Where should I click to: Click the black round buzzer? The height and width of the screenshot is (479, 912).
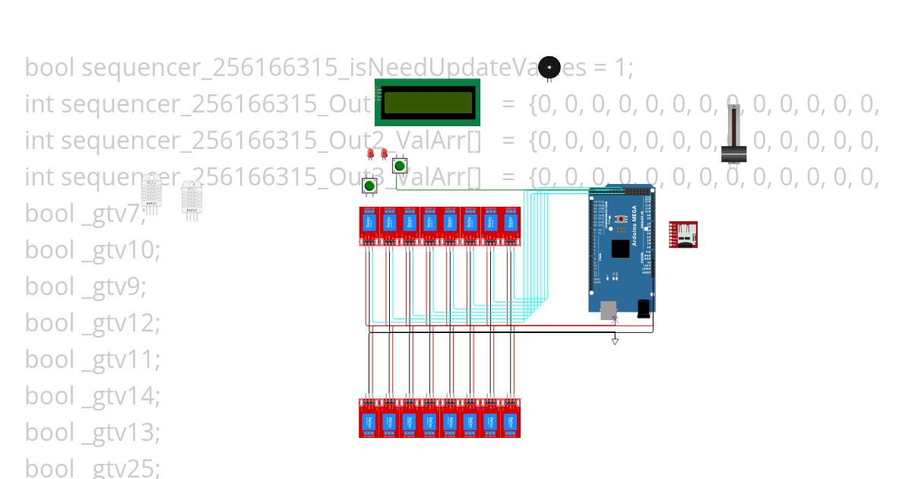[x=549, y=68]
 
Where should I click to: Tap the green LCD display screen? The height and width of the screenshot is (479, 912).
[x=428, y=103]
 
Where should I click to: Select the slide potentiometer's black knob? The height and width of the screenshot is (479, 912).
[x=734, y=153]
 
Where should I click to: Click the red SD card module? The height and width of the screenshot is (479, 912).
[x=682, y=235]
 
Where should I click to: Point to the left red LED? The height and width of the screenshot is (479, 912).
[x=371, y=154]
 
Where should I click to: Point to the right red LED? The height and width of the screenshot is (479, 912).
[x=383, y=154]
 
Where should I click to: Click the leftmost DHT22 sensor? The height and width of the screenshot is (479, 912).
[x=151, y=191]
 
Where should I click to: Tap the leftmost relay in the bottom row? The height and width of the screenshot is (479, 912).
[x=369, y=419]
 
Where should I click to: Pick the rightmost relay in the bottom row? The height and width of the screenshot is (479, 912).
[x=511, y=419]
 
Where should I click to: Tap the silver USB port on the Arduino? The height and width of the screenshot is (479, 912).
[x=609, y=309]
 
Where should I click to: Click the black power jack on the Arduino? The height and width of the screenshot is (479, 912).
[x=644, y=308]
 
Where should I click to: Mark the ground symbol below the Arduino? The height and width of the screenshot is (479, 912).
[x=615, y=341]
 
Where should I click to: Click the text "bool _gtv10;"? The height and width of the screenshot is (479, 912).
[x=93, y=249]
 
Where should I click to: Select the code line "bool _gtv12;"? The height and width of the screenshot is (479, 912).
[x=93, y=322]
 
